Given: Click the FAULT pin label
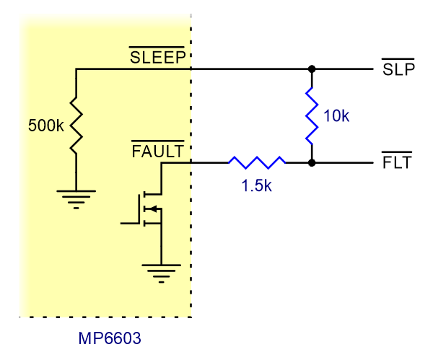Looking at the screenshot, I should click(x=157, y=151).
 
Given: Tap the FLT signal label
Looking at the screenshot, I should click(x=396, y=162).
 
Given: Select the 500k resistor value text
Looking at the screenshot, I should click(x=45, y=126).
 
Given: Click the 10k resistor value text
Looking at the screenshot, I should click(x=336, y=115).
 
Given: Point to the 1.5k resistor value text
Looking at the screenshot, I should click(x=256, y=185).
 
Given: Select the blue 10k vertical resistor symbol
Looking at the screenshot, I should click(x=312, y=115).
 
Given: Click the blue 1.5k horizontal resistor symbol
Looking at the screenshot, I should click(x=256, y=162).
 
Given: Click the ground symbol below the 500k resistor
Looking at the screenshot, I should click(x=76, y=197).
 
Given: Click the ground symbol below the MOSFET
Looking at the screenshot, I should click(x=160, y=271).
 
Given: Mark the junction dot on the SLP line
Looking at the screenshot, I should click(x=312, y=69).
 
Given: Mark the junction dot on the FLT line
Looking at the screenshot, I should click(x=312, y=162).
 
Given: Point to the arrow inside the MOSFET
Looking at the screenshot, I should click(x=153, y=209).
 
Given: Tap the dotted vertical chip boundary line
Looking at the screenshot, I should click(x=191, y=238).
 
